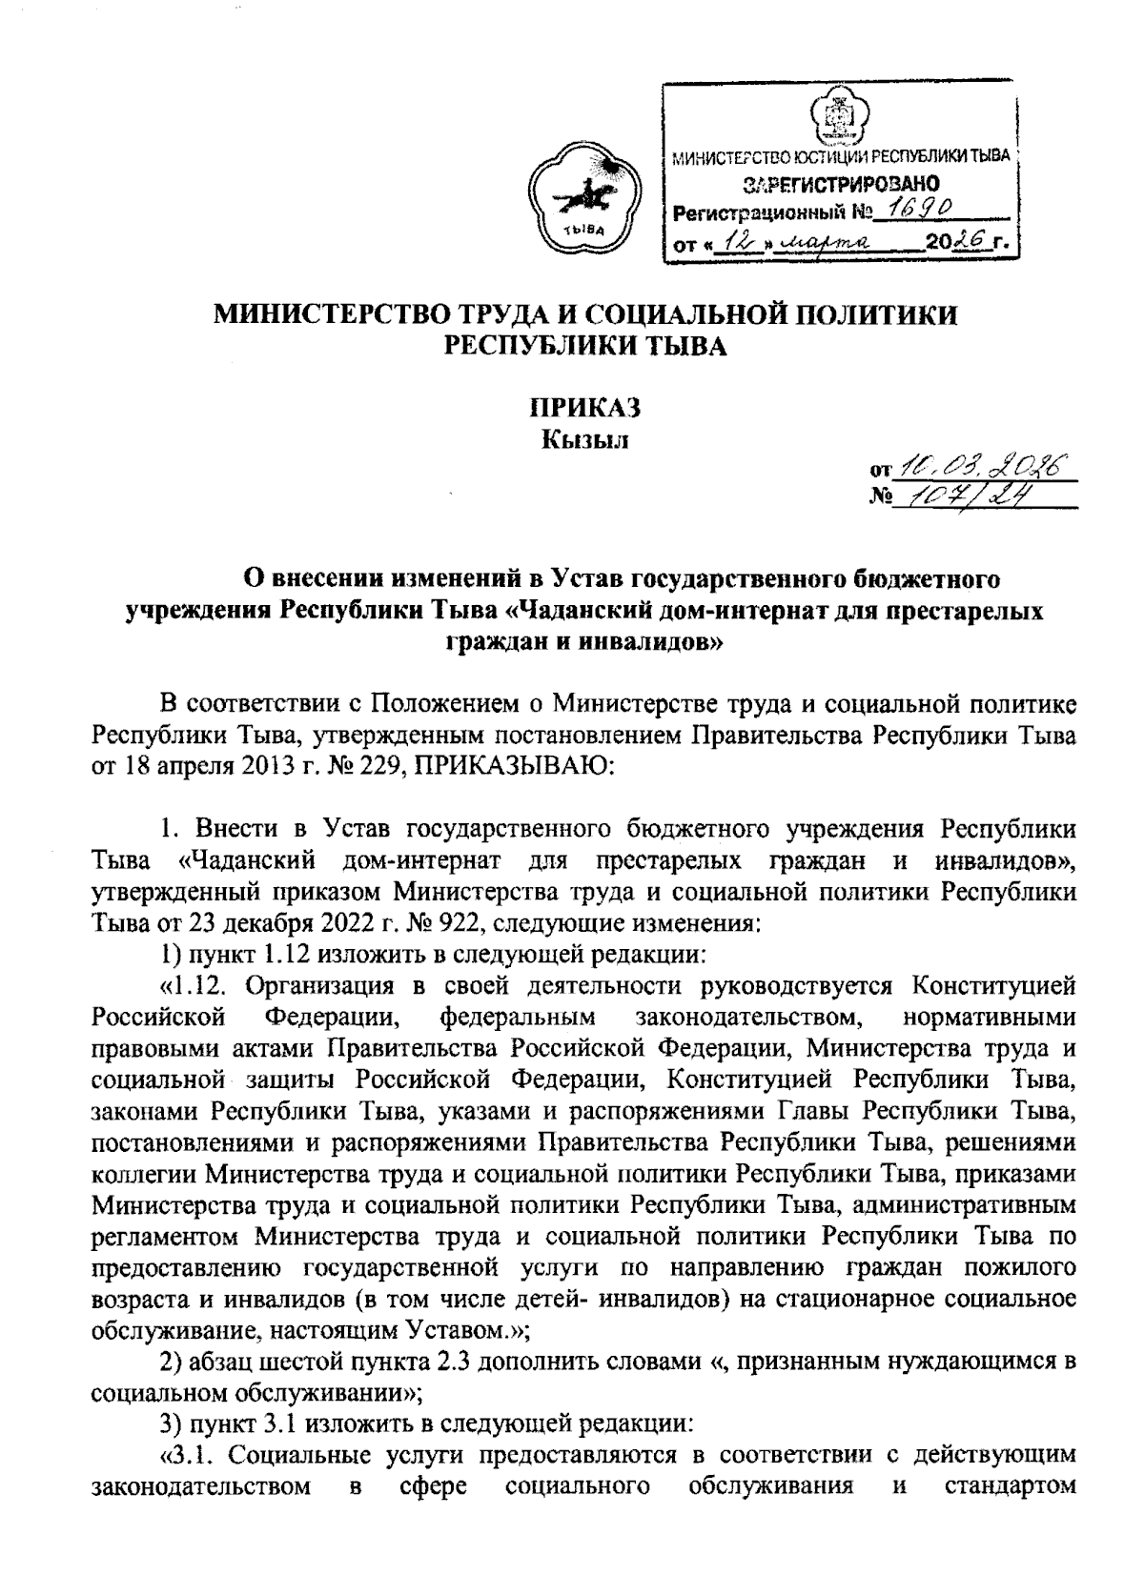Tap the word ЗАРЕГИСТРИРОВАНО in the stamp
[x=841, y=183]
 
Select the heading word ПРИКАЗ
[x=585, y=408]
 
